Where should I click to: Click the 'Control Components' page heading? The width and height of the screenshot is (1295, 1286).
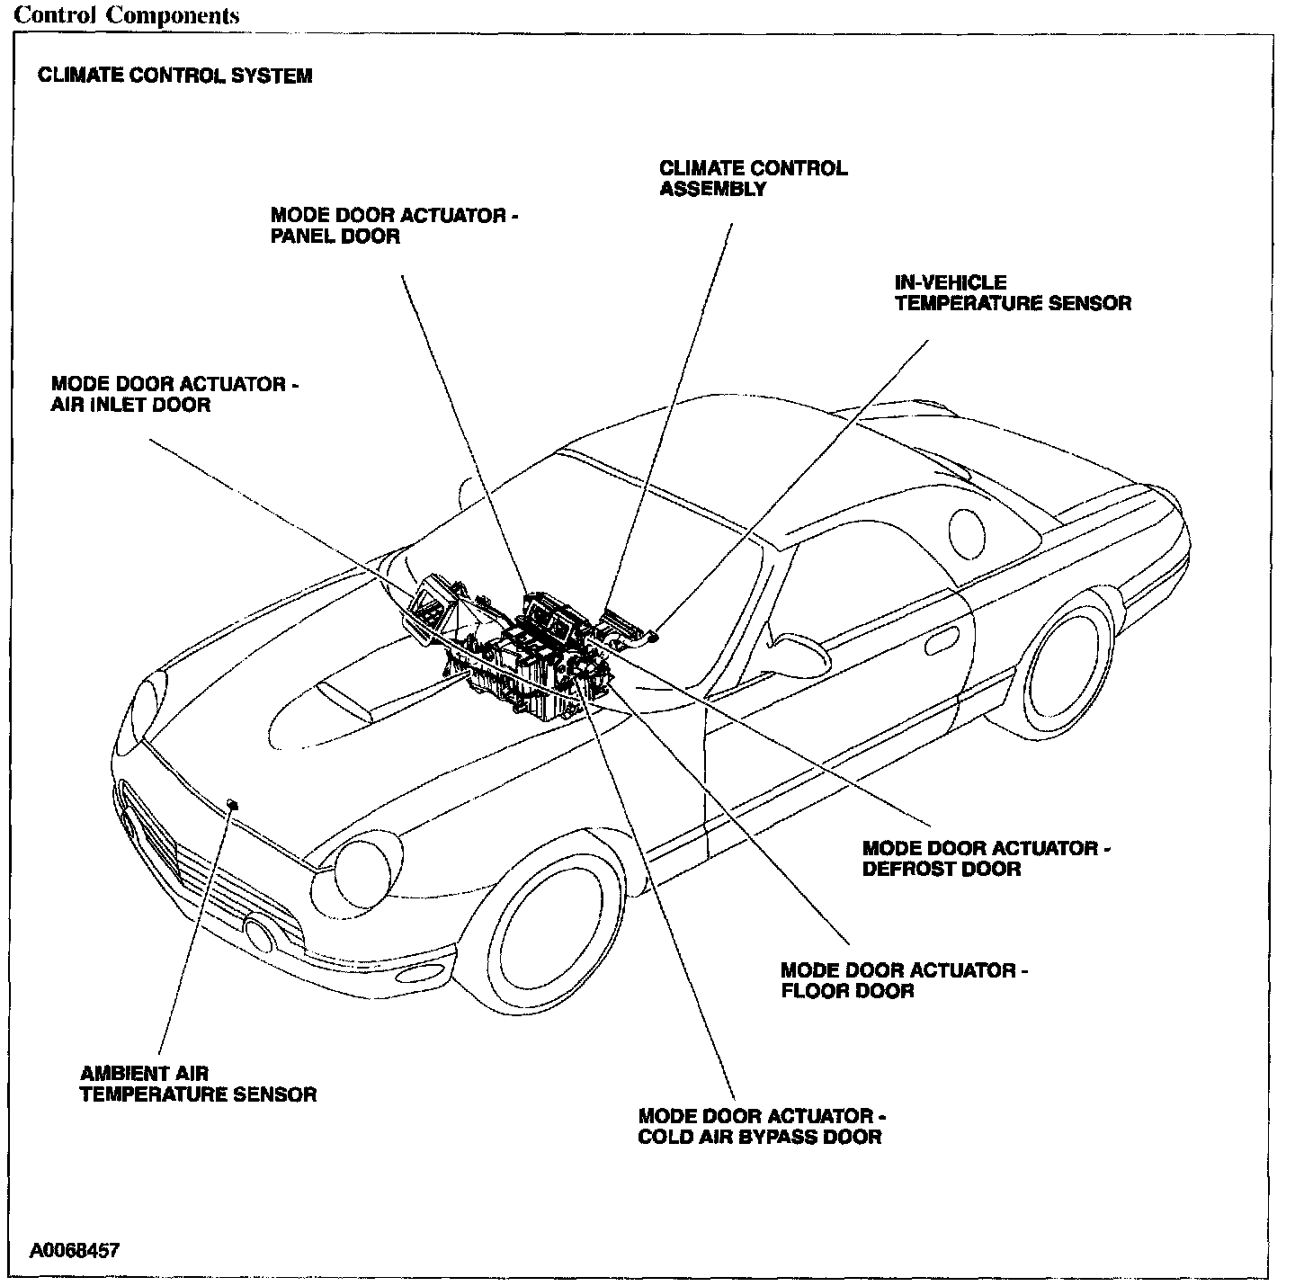[127, 16]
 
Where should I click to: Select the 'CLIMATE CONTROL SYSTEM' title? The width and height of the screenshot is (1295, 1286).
[174, 76]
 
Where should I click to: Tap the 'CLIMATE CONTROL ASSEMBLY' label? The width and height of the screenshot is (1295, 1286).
[753, 178]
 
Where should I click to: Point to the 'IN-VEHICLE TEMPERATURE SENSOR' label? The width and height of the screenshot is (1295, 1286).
[1012, 293]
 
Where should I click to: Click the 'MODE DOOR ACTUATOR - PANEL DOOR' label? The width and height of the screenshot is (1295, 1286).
[394, 227]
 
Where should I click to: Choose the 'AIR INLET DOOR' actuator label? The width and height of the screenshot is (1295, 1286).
[174, 395]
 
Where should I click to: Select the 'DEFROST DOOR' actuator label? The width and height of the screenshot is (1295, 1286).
[986, 859]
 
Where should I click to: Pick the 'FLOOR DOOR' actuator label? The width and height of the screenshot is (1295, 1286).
[904, 980]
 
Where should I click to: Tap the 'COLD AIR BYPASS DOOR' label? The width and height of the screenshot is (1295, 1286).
[762, 1127]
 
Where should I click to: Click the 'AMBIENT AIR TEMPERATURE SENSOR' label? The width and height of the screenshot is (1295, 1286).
[198, 1084]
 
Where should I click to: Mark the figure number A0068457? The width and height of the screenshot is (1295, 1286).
[74, 1251]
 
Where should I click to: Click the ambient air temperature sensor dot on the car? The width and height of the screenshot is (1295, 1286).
[233, 803]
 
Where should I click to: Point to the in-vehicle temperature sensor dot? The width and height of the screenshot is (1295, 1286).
[654, 636]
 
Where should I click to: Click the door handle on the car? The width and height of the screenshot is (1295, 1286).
[940, 644]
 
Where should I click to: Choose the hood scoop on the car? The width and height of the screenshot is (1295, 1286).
[346, 698]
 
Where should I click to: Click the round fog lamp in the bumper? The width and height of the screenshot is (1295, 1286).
[261, 933]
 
